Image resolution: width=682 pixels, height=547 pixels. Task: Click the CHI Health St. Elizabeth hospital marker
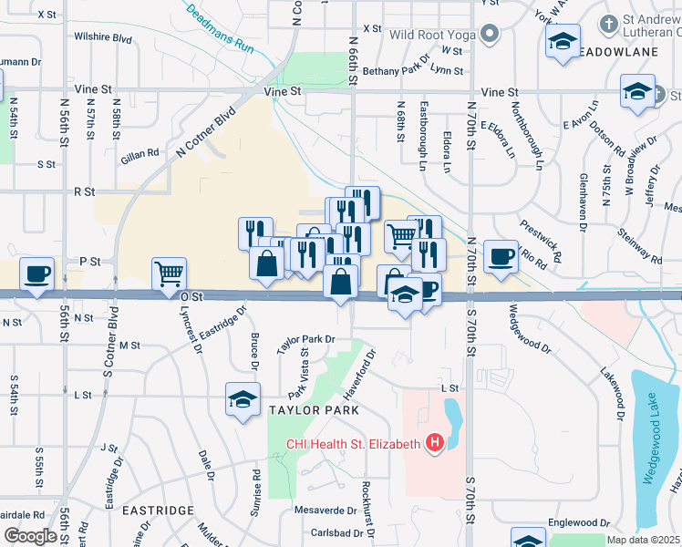click(435, 444)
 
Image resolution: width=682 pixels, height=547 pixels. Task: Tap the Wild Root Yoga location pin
click(491, 36)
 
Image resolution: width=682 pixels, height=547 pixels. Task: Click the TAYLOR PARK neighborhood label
click(313, 410)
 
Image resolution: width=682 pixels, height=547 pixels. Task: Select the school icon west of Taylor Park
click(243, 399)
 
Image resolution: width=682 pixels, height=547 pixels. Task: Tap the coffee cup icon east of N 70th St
click(501, 257)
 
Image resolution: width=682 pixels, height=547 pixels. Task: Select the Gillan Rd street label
click(139, 153)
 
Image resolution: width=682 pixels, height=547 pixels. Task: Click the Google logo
click(30, 535)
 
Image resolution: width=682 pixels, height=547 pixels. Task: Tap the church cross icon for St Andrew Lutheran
click(609, 22)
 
